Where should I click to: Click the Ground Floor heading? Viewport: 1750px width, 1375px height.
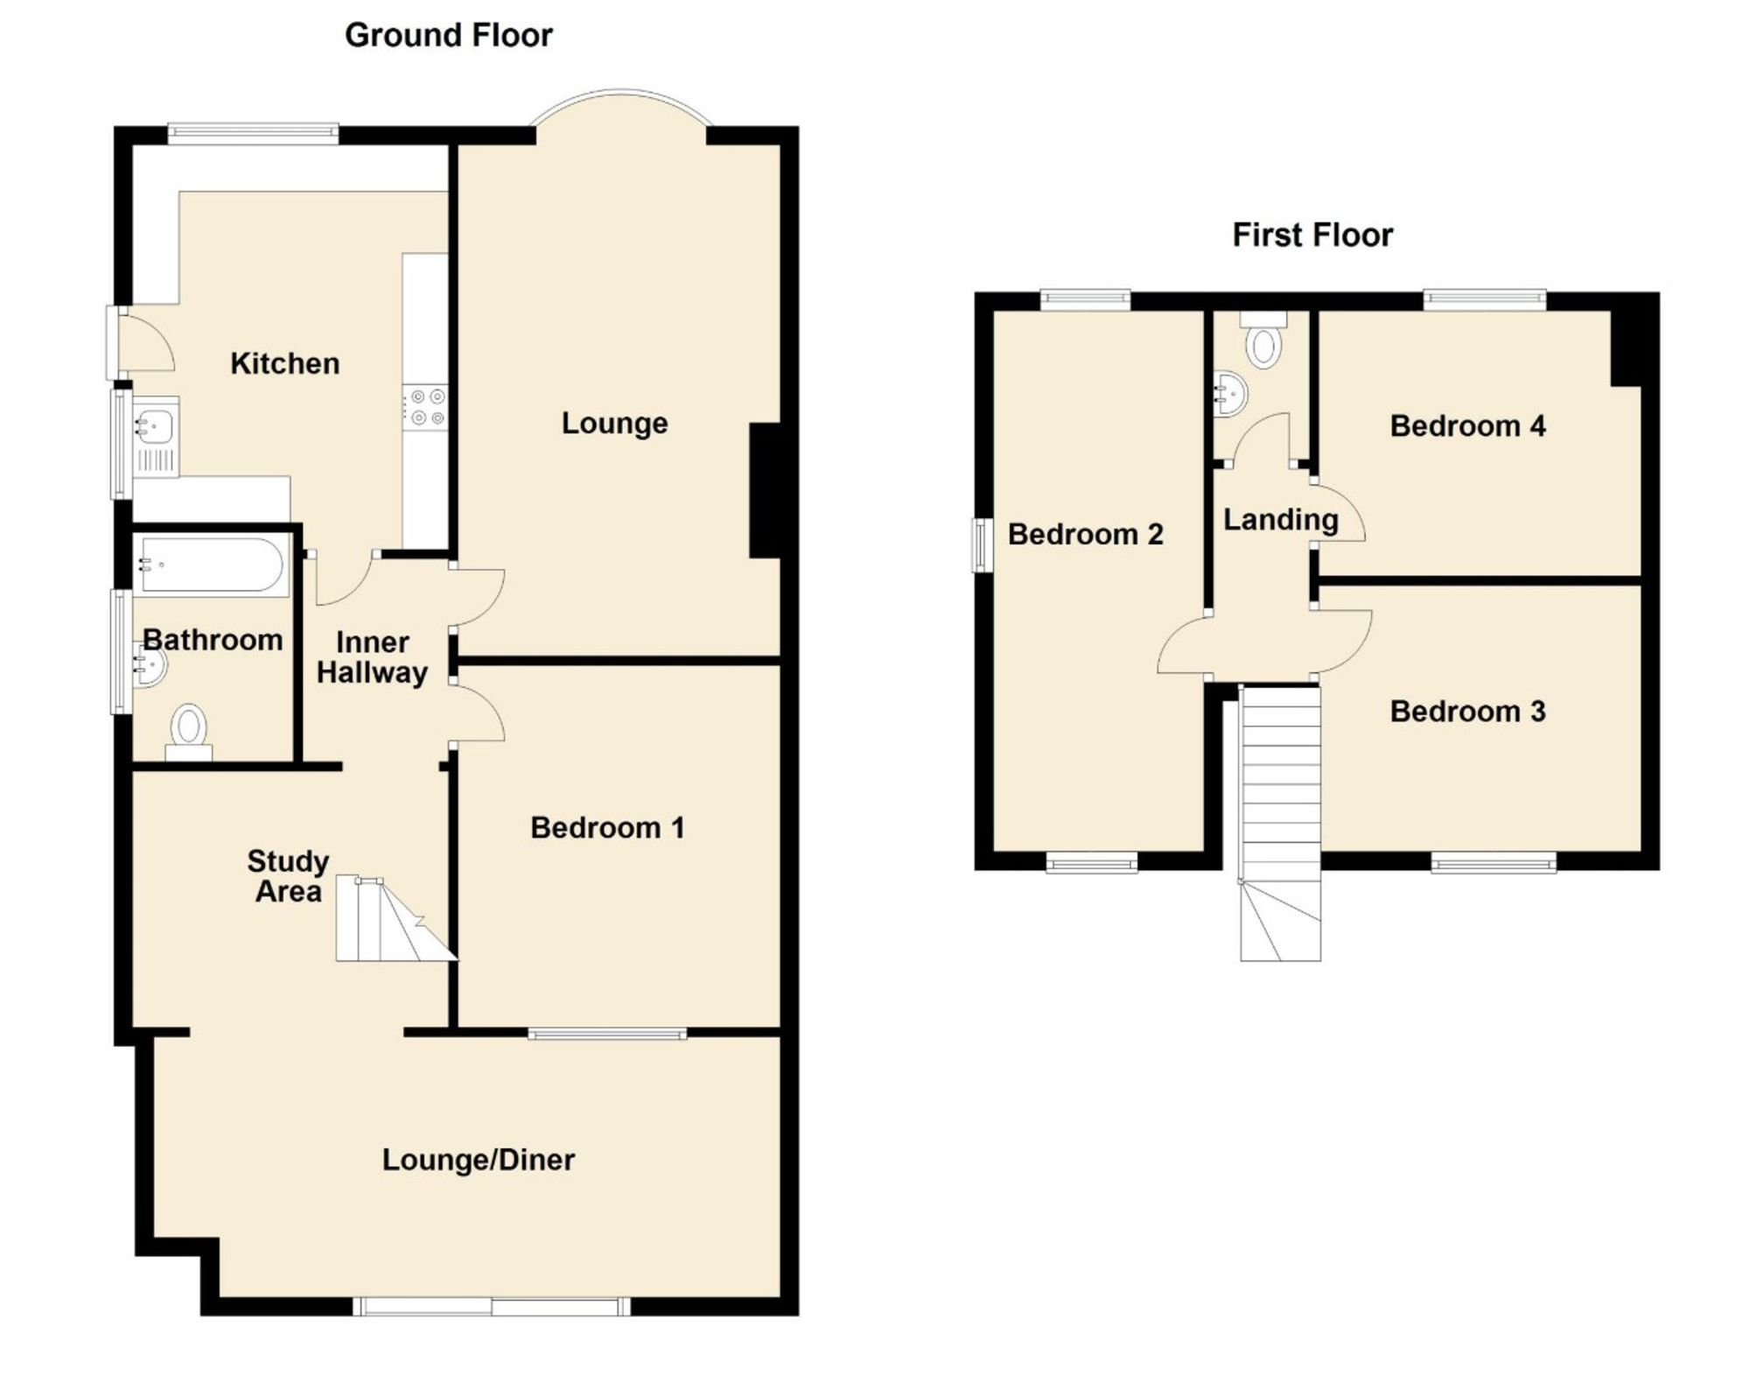pyautogui.click(x=448, y=36)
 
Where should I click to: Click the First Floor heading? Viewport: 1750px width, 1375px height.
pyautogui.click(x=1312, y=235)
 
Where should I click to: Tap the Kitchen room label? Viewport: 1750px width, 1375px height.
pyautogui.click(x=284, y=363)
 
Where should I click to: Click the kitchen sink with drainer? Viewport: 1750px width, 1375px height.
pyautogui.click(x=155, y=437)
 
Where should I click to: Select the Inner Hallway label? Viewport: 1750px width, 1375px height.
pyautogui.click(x=372, y=657)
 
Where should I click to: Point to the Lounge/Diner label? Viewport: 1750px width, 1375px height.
pyautogui.click(x=479, y=1160)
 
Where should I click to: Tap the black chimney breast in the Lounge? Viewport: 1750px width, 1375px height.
pyautogui.click(x=765, y=490)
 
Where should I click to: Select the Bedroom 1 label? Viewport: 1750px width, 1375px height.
pyautogui.click(x=607, y=827)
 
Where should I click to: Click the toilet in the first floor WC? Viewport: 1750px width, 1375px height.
pyautogui.click(x=1263, y=340)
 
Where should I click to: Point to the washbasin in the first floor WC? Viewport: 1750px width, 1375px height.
pyautogui.click(x=1230, y=395)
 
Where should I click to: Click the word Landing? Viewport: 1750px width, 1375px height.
pyautogui.click(x=1280, y=520)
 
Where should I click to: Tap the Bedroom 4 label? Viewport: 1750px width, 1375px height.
pyautogui.click(x=1467, y=426)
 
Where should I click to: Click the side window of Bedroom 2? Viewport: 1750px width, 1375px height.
pyautogui.click(x=982, y=545)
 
